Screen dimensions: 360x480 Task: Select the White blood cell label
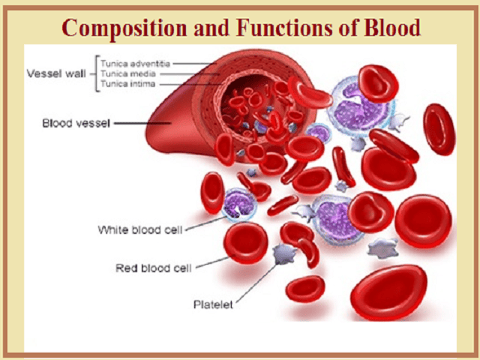coord(140,229)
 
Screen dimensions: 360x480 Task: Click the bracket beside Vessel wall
coord(94,73)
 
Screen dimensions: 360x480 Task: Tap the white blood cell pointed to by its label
coord(241,204)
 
